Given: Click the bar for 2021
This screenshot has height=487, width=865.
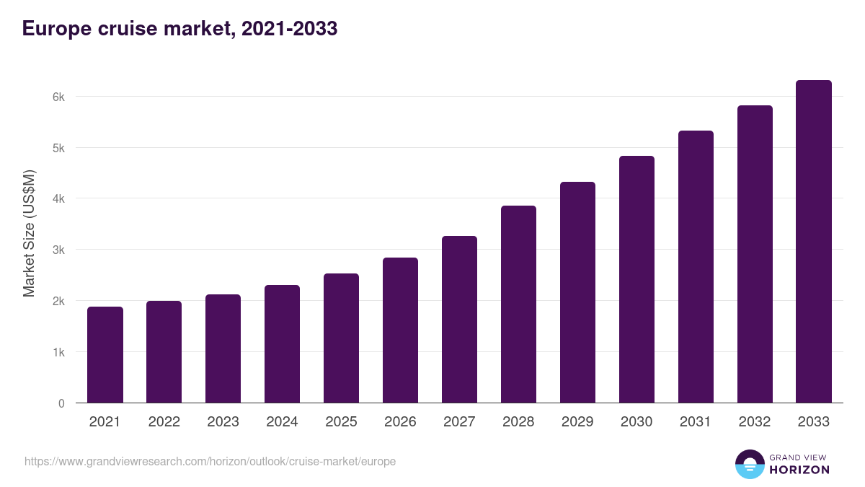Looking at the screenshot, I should pyautogui.click(x=105, y=355).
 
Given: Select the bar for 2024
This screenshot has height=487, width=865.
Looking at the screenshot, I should pyautogui.click(x=282, y=344).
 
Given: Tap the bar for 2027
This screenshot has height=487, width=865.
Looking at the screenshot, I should pyautogui.click(x=459, y=320).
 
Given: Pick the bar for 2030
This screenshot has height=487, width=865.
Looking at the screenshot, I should pyautogui.click(x=636, y=279).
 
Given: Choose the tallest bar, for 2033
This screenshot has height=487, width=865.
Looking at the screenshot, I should pyautogui.click(x=814, y=242).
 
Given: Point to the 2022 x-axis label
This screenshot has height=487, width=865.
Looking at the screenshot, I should pyautogui.click(x=164, y=422).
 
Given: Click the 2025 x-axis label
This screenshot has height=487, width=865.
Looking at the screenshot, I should pyautogui.click(x=341, y=422).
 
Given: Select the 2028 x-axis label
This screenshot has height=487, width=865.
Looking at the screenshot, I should pyautogui.click(x=518, y=422).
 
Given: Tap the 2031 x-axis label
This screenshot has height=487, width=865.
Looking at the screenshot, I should pyautogui.click(x=696, y=422).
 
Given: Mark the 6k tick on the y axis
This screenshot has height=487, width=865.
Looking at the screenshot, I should pyautogui.click(x=58, y=97).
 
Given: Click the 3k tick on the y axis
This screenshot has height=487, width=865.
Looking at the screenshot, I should pyautogui.click(x=58, y=250).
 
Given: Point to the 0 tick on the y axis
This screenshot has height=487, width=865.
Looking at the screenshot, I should pyautogui.click(x=61, y=403).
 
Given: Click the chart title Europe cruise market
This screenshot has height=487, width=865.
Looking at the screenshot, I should pyautogui.click(x=179, y=29).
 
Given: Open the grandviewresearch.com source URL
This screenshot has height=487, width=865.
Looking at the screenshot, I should pyautogui.click(x=210, y=461).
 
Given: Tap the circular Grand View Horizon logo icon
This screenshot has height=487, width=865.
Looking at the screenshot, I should pyautogui.click(x=749, y=464).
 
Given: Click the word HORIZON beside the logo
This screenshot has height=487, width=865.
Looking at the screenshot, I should pyautogui.click(x=799, y=470).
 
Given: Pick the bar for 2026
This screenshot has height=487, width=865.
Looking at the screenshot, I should pyautogui.click(x=400, y=330).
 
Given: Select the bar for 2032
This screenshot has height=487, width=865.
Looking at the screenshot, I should pyautogui.click(x=755, y=254).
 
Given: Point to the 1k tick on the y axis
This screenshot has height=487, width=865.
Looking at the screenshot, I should pyautogui.click(x=58, y=353).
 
